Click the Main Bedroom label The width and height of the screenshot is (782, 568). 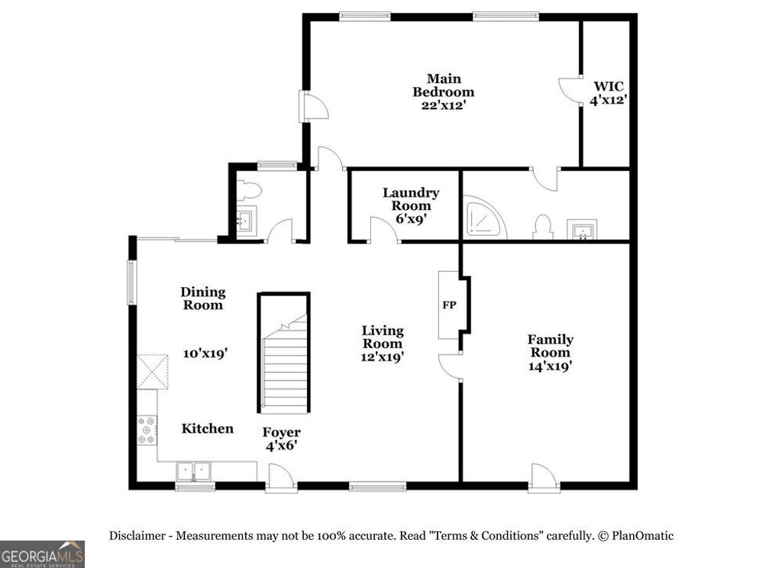(x=443, y=86)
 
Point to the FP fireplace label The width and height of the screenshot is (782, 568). (x=450, y=305)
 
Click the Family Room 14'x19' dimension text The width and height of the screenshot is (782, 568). (x=550, y=366)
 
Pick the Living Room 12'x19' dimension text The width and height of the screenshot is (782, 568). (x=382, y=356)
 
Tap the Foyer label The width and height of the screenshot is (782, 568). (x=282, y=433)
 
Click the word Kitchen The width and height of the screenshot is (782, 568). (x=207, y=428)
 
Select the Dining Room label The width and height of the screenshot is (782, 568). (x=202, y=298)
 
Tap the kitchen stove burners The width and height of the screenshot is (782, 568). (x=146, y=430)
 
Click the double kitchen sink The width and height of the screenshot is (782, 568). (x=194, y=470)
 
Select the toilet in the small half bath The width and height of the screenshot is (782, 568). (x=249, y=190)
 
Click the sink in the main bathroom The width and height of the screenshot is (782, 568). (x=582, y=229)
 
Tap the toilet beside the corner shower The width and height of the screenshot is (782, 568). (x=543, y=227)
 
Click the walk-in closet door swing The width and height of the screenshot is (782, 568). (x=569, y=89)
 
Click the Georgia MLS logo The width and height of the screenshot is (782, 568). (x=42, y=553)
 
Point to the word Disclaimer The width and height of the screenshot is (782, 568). (x=137, y=536)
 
